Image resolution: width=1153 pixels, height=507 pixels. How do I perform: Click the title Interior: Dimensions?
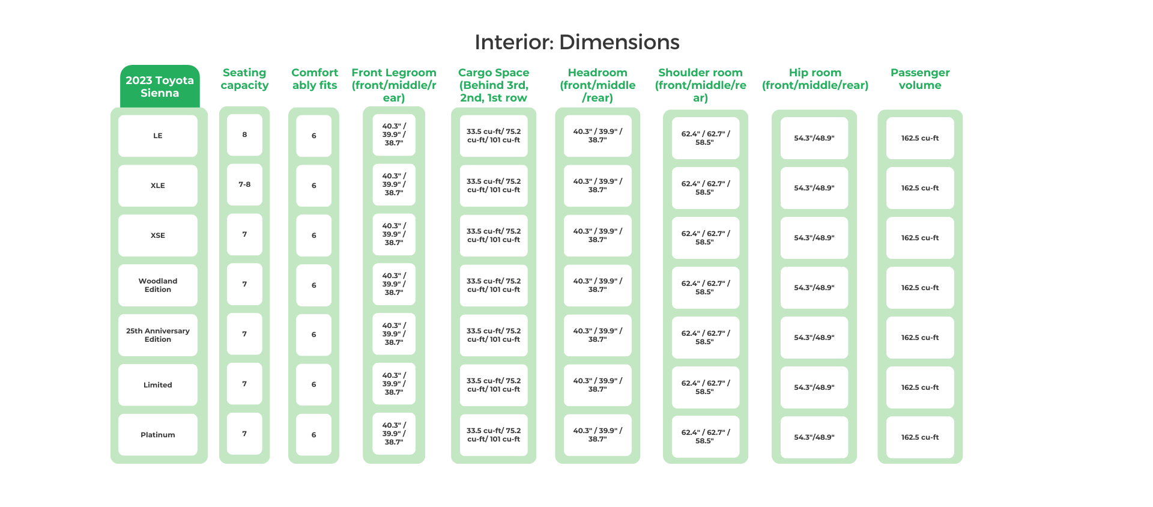click(x=576, y=42)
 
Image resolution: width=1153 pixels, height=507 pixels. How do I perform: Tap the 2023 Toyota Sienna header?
click(x=160, y=87)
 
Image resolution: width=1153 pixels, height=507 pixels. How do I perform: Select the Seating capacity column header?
click(x=244, y=79)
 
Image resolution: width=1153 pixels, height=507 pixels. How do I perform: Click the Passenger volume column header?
click(x=920, y=79)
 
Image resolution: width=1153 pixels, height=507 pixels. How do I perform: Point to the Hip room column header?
click(x=815, y=79)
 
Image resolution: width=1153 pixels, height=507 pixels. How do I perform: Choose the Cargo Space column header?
click(x=494, y=85)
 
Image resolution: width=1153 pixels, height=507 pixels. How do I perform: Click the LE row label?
click(x=158, y=136)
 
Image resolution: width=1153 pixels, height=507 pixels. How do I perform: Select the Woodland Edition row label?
click(x=158, y=285)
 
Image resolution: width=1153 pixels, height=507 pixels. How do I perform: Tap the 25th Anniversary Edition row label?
click(x=158, y=335)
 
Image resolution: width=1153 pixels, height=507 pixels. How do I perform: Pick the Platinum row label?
click(x=158, y=435)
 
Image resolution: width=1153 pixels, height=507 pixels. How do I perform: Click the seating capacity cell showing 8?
click(x=244, y=135)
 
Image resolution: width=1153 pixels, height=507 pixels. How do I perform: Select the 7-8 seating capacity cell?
click(x=244, y=184)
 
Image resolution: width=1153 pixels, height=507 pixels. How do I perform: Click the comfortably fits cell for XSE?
click(x=313, y=235)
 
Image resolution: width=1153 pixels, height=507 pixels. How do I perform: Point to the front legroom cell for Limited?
click(x=394, y=384)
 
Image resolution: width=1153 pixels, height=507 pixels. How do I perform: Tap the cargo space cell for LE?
click(x=494, y=136)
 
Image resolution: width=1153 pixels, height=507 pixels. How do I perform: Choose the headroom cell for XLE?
click(x=598, y=186)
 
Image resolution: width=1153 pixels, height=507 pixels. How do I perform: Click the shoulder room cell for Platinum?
click(x=706, y=437)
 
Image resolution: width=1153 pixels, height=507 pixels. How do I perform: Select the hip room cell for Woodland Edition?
click(x=814, y=288)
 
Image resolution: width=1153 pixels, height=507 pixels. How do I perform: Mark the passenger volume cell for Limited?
click(x=920, y=387)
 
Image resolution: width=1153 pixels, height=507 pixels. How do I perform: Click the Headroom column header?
click(x=598, y=85)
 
